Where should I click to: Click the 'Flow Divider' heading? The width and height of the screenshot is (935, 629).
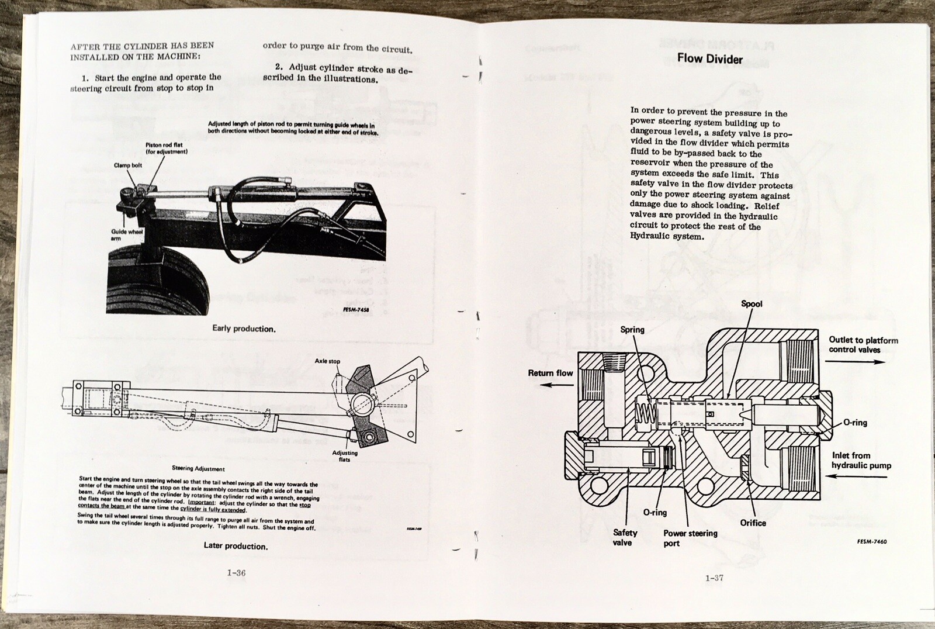(709, 58)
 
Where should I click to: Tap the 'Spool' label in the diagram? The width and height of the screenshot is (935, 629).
(752, 304)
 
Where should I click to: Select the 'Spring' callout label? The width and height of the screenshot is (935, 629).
(632, 330)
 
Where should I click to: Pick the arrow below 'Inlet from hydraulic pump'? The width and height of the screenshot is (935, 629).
(859, 476)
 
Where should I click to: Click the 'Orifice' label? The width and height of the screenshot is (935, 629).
(753, 523)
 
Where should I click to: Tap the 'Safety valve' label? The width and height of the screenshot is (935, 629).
(625, 537)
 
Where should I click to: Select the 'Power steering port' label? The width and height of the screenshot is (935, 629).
(690, 538)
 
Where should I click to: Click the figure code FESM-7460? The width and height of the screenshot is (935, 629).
(872, 541)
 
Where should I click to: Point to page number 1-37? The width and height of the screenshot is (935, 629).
(714, 578)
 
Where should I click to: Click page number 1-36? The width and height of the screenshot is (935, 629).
(236, 573)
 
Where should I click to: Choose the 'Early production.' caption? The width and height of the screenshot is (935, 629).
(244, 329)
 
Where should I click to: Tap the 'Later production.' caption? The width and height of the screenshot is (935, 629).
(236, 546)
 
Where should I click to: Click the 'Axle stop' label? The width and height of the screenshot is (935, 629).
(327, 361)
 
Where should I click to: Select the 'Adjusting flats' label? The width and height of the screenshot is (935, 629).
(345, 456)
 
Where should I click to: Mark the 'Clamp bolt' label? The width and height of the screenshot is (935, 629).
(128, 165)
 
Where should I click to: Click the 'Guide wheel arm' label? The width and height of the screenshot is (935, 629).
(127, 235)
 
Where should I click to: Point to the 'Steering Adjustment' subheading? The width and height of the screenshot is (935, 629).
(198, 468)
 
